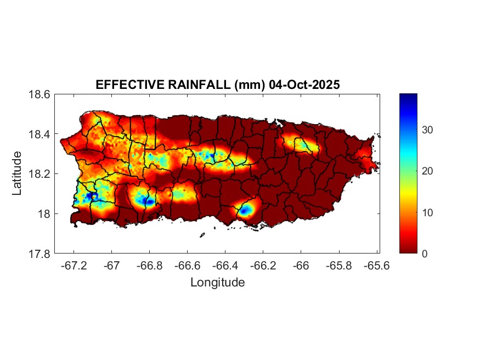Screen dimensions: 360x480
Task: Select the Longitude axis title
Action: point(217,283)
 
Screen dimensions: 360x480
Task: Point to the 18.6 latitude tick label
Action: point(39,94)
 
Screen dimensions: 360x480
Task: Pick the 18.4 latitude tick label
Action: point(39,134)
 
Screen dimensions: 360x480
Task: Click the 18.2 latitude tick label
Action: point(39,174)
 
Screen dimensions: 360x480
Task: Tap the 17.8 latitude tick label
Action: point(39,254)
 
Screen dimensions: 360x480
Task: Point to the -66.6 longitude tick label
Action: point(187,265)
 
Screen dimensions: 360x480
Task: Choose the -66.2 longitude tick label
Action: point(263,265)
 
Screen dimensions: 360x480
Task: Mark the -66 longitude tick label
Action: point(301,265)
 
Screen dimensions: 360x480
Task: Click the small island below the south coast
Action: point(202,235)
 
